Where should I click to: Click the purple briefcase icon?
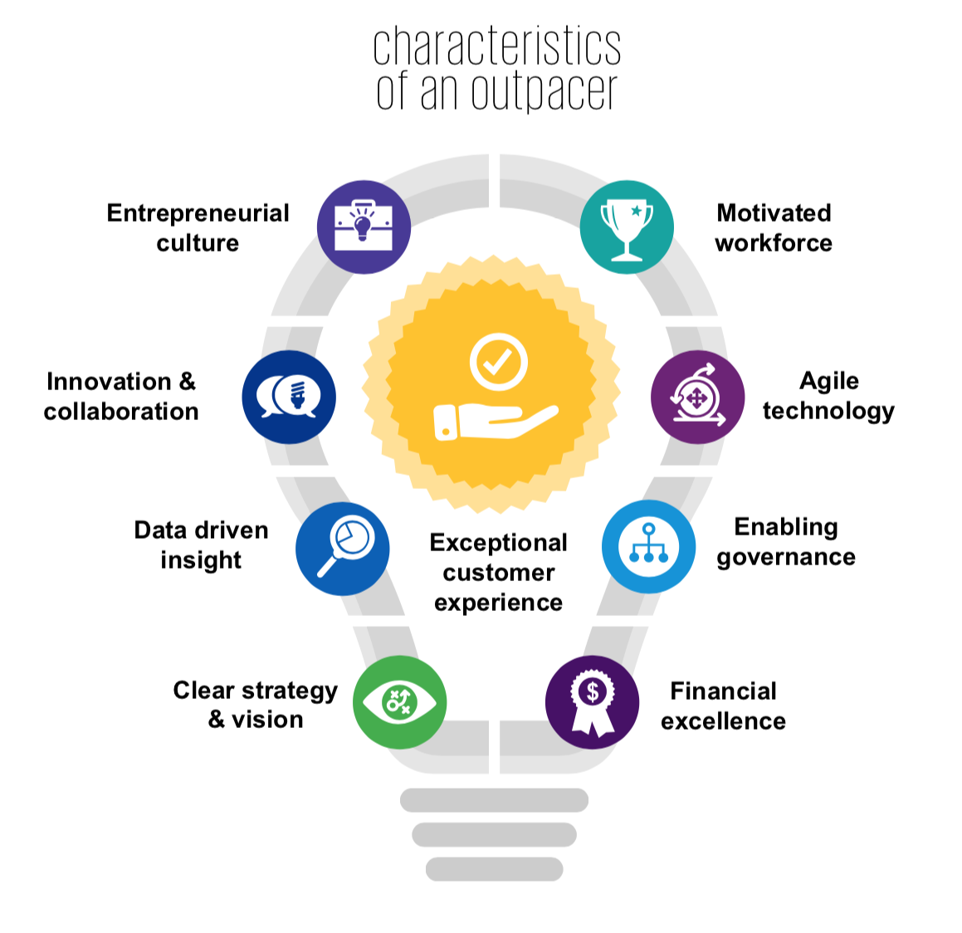(x=364, y=227)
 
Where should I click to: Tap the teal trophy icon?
(x=627, y=227)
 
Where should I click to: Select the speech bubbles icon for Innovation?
(x=289, y=397)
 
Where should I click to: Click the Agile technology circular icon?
(x=697, y=397)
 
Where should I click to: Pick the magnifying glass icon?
(x=343, y=548)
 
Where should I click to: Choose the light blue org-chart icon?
(x=648, y=546)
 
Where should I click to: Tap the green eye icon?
(x=399, y=701)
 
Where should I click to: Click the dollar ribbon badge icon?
(x=592, y=701)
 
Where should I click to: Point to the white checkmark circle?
(x=498, y=363)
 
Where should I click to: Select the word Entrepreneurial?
(x=198, y=213)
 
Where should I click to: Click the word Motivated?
(x=774, y=213)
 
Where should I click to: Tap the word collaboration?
(x=121, y=412)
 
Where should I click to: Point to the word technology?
(x=828, y=411)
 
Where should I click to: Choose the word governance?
(x=786, y=557)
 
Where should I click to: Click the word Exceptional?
(x=498, y=543)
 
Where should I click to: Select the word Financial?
(x=723, y=691)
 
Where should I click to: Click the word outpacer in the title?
(x=544, y=91)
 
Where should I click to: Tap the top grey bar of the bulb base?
(x=494, y=800)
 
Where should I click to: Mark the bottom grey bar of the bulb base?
(x=494, y=869)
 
